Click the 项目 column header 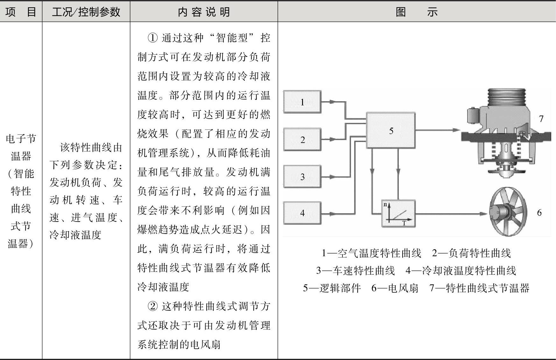tap(21, 12)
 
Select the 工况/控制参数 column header tap(86, 12)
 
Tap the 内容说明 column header tap(204, 12)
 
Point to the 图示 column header tap(416, 12)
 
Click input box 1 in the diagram tap(302, 102)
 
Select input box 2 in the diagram tap(302, 139)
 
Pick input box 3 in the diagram tap(302, 177)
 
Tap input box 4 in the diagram tap(302, 213)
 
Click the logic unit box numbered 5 tap(391, 130)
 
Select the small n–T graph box tap(398, 213)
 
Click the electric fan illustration tap(508, 212)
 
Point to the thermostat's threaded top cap tap(507, 97)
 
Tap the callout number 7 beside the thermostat tap(541, 119)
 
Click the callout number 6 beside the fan tap(539, 213)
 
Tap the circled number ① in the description tap(153, 38)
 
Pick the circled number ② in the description tap(153, 306)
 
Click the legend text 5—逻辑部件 tap(332, 288)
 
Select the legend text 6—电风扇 tap(395, 288)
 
